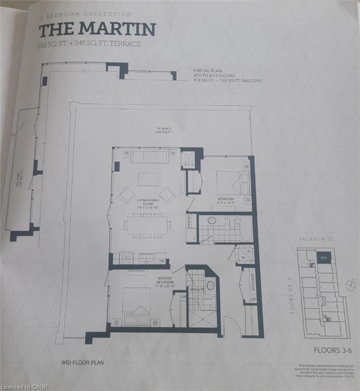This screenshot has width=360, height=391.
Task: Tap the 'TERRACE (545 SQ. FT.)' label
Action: [164, 130]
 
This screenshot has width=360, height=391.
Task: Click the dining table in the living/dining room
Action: [148, 225]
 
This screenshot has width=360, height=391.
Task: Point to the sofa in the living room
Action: [150, 156]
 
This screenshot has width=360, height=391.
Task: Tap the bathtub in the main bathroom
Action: [246, 228]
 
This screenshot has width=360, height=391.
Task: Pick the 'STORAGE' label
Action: [253, 282]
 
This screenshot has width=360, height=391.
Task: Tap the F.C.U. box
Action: [188, 160]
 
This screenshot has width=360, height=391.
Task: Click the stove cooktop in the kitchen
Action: [126, 258]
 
